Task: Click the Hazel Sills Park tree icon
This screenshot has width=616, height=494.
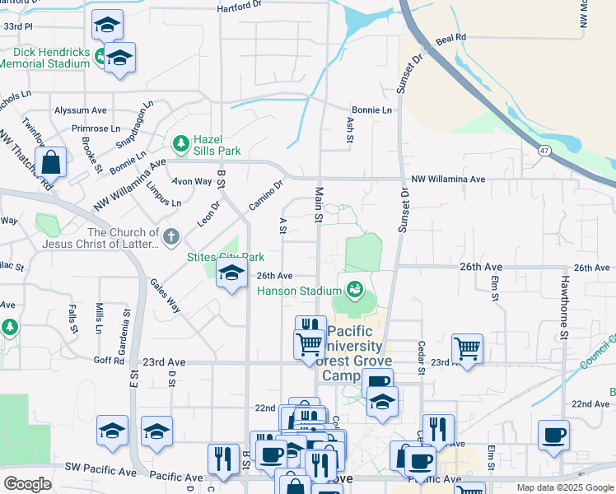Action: [180, 145]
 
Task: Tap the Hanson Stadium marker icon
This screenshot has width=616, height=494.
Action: [355, 290]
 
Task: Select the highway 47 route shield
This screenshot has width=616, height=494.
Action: [545, 151]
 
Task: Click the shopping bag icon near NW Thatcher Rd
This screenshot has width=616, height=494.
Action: [51, 163]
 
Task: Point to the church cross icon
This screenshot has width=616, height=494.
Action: [171, 238]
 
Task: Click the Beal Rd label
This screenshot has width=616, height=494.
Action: [451, 38]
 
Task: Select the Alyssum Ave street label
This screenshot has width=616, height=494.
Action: [81, 110]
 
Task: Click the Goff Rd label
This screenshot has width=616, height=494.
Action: [109, 361]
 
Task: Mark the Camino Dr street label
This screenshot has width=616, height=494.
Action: [266, 194]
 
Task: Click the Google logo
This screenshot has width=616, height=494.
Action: [28, 484]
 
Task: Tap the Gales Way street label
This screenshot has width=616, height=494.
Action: [165, 295]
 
